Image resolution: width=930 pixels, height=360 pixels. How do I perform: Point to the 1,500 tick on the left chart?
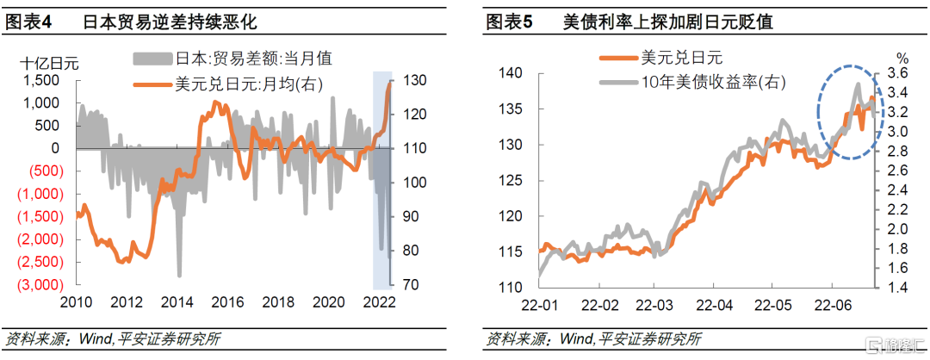40,80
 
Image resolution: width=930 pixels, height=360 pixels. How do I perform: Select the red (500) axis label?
42,171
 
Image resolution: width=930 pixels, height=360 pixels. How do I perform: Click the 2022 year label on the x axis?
379,302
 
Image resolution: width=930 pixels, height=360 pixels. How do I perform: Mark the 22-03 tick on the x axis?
654,306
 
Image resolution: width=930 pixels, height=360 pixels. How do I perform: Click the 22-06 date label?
831,306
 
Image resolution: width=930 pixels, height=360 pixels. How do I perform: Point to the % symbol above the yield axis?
902,58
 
